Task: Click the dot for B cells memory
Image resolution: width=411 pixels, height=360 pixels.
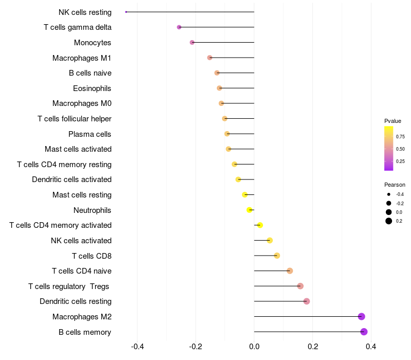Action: click(364, 332)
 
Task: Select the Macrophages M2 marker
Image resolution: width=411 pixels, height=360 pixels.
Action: click(361, 316)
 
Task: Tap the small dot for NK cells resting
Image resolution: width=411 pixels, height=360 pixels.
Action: click(126, 12)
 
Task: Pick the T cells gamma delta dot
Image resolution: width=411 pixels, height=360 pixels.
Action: click(179, 27)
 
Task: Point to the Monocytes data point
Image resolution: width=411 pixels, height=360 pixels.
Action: click(192, 42)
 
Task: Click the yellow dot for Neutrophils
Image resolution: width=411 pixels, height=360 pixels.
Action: click(249, 210)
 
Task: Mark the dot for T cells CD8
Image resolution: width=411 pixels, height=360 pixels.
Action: click(277, 256)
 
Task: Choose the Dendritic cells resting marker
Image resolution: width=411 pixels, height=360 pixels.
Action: click(307, 301)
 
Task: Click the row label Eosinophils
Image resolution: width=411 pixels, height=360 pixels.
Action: click(92, 88)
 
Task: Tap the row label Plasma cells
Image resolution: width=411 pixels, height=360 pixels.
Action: click(89, 134)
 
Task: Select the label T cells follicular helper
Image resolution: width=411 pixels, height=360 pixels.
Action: click(74, 119)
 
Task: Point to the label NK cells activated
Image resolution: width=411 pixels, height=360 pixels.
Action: click(81, 241)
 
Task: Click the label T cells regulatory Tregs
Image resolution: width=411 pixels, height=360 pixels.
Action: click(69, 286)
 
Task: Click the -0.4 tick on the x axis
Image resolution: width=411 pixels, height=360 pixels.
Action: click(137, 347)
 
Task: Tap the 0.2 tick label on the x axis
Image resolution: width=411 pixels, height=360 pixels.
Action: click(312, 347)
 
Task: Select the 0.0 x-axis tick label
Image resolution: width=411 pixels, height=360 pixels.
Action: click(254, 347)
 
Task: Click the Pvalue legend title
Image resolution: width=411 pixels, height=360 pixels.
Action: click(393, 121)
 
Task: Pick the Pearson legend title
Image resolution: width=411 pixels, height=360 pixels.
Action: click(395, 185)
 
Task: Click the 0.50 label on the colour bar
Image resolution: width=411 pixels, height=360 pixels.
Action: click(400, 149)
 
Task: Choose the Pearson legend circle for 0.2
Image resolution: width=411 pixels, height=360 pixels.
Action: click(389, 221)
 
